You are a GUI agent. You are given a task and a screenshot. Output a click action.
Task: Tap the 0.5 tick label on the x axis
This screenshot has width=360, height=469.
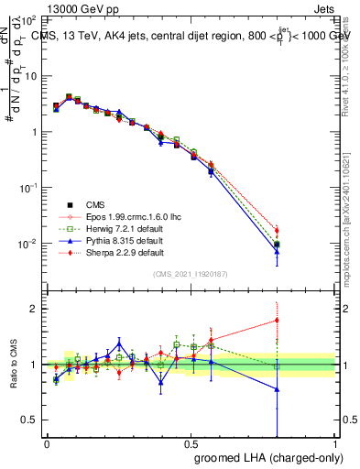click(x=191, y=443)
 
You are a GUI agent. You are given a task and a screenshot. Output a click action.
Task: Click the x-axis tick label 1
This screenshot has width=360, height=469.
click(x=335, y=443)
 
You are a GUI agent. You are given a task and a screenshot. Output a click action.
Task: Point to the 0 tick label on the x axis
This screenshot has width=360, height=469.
click(x=47, y=443)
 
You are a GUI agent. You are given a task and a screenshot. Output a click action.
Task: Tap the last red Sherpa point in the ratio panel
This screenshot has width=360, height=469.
click(x=277, y=321)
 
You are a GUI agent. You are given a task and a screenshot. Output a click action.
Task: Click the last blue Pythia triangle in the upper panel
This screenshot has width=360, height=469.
click(x=277, y=250)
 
